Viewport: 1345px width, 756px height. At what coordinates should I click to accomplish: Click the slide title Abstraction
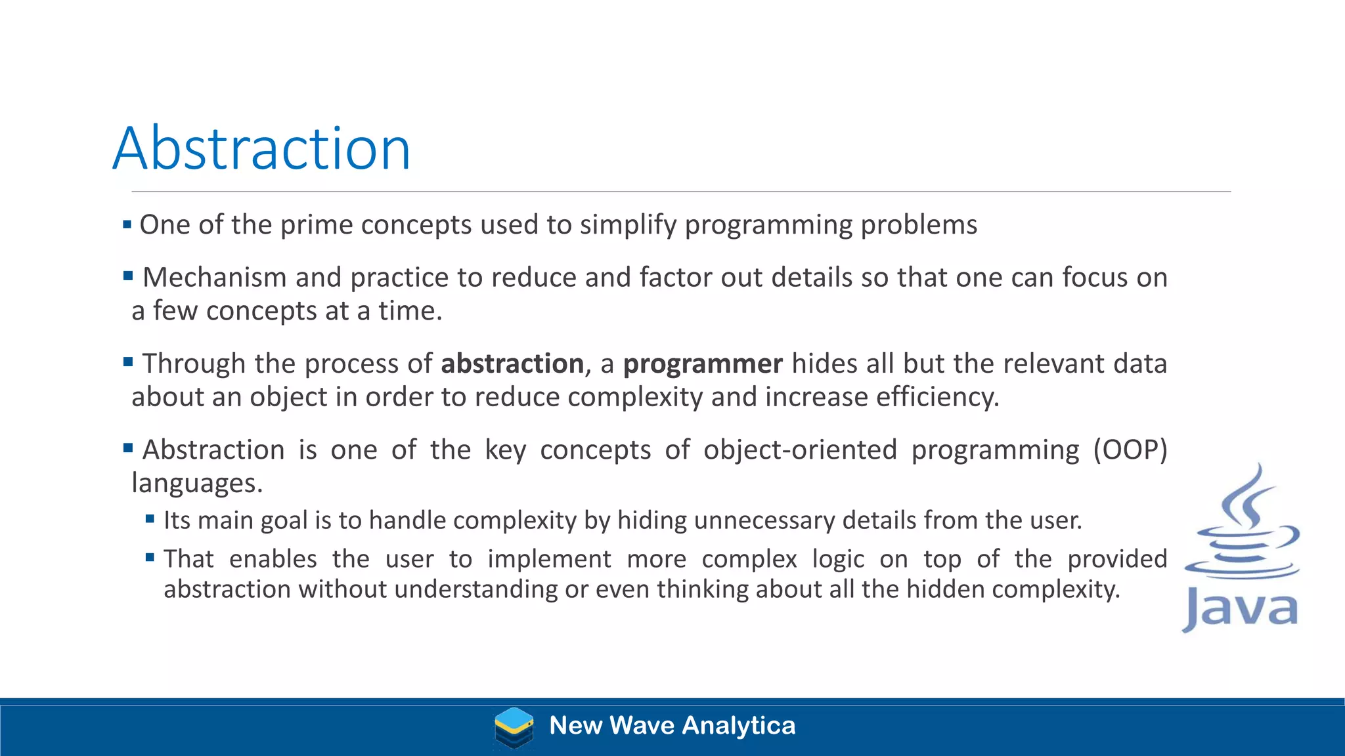[x=261, y=149]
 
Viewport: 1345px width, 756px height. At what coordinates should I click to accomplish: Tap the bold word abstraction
[x=512, y=364]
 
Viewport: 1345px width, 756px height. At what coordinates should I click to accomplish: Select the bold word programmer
[x=703, y=364]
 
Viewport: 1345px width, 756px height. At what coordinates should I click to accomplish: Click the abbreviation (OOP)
[x=1130, y=450]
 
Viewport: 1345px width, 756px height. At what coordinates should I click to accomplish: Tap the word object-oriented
[x=800, y=450]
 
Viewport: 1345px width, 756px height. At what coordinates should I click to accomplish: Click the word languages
[x=197, y=484]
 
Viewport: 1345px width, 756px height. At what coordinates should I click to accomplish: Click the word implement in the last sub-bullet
[x=549, y=559]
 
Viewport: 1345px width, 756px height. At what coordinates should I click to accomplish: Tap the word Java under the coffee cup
[x=1240, y=609]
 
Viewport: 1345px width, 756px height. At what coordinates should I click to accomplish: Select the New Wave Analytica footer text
[x=672, y=726]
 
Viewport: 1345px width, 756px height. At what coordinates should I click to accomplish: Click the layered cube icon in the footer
[x=514, y=727]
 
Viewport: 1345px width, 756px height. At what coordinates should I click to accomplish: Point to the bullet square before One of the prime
[x=127, y=225]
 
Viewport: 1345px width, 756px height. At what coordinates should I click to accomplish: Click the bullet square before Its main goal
[x=150, y=519]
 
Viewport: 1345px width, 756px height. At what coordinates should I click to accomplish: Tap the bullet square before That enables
[x=150, y=558]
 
